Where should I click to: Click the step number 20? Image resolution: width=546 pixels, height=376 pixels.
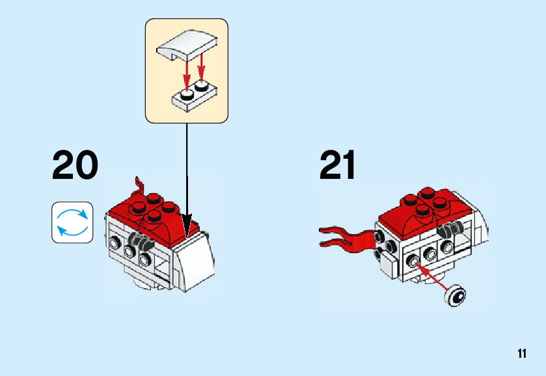[x=75, y=166]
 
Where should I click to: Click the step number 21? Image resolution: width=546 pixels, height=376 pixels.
[x=338, y=166]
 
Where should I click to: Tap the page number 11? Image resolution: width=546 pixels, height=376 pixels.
[x=522, y=354]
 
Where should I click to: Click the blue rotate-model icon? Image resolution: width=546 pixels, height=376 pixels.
[x=72, y=222]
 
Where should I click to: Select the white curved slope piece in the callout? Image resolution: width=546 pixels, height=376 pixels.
[x=187, y=48]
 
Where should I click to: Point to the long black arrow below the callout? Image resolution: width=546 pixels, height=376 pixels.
[x=187, y=176]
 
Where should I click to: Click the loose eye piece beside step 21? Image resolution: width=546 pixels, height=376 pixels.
[x=456, y=296]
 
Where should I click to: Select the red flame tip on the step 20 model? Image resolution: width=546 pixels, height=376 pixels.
[x=138, y=185]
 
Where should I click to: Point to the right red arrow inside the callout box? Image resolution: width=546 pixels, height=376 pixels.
[x=202, y=68]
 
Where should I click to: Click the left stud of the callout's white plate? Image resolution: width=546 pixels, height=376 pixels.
[x=187, y=95]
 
